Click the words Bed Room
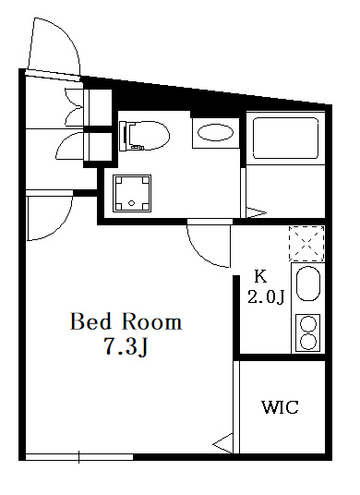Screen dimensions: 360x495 126,321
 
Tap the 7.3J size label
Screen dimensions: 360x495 126,346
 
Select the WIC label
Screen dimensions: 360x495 281,407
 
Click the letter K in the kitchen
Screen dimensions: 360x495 260,277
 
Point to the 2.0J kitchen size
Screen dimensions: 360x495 266,297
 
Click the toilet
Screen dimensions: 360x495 145,135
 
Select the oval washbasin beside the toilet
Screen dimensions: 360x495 215,133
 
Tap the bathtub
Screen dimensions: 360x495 285,138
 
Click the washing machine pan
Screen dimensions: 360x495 132,194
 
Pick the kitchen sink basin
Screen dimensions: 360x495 308,284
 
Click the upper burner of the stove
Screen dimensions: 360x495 308,324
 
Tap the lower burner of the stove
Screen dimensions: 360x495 308,342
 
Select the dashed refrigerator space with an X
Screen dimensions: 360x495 306,244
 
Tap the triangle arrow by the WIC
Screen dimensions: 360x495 223,444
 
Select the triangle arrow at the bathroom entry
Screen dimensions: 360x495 256,212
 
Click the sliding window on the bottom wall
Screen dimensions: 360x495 78,457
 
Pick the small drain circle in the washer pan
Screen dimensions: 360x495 132,203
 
